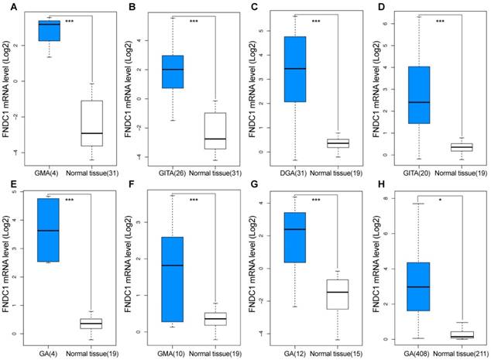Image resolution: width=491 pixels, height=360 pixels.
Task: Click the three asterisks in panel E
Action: coord(68,200)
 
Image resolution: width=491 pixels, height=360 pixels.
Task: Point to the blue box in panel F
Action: coord(172,279)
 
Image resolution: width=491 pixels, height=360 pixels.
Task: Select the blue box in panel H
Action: coord(419,286)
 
